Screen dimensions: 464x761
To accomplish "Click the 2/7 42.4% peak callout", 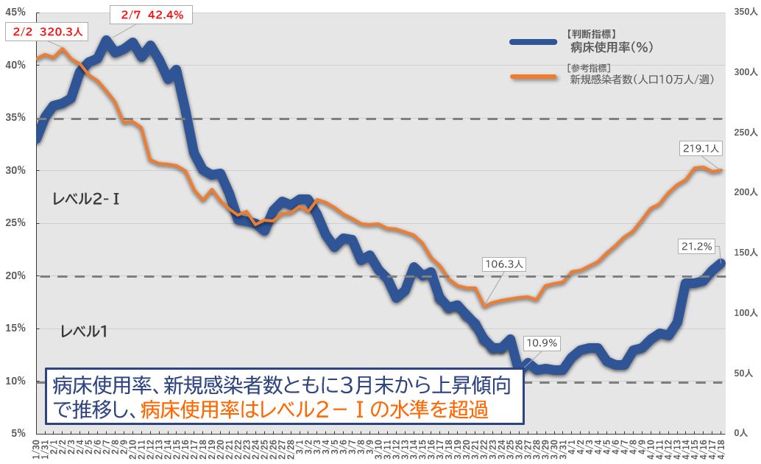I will click(153, 13).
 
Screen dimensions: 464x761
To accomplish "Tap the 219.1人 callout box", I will click(701, 148).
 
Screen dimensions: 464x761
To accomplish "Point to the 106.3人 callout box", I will click(505, 264).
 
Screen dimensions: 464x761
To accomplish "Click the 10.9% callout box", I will click(542, 342).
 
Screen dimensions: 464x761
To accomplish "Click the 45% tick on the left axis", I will click(15, 12).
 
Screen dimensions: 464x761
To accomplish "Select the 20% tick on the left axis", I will click(15, 275).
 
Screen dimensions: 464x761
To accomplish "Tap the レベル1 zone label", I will click(84, 331).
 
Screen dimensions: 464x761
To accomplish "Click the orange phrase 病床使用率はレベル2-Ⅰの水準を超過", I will click(314, 409).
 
